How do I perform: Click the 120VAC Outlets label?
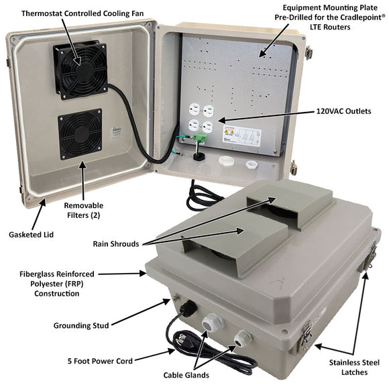click(x=344, y=111)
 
